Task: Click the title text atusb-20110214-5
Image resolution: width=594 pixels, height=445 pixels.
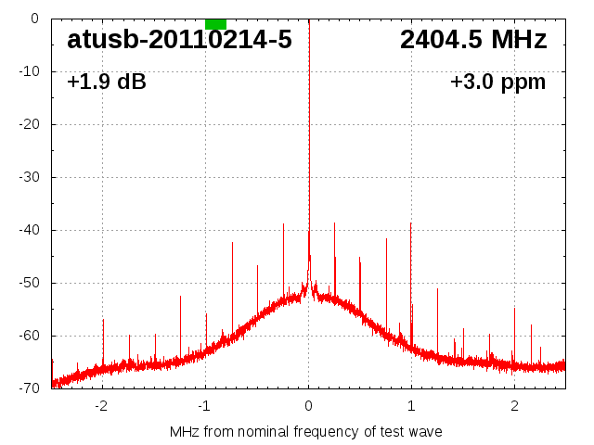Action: tap(179, 40)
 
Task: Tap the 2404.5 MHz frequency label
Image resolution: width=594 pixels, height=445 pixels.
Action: tap(473, 40)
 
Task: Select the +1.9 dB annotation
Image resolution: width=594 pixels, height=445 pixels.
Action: tap(107, 83)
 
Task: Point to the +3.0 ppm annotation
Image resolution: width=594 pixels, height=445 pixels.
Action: tap(497, 83)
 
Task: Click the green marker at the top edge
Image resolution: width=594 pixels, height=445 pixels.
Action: tap(215, 23)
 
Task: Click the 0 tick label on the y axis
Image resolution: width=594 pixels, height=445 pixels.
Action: tap(34, 19)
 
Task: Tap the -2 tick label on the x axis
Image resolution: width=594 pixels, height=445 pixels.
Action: tap(101, 406)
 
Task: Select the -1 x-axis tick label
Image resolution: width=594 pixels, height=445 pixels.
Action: tap(204, 406)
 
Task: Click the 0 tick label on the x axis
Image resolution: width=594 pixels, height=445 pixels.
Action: tap(308, 406)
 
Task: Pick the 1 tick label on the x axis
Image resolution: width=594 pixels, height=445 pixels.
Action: tap(411, 406)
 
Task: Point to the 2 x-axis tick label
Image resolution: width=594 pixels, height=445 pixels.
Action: tap(514, 406)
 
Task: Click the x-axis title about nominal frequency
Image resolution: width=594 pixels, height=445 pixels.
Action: tap(306, 432)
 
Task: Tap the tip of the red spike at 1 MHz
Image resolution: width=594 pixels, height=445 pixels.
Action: tap(411, 223)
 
